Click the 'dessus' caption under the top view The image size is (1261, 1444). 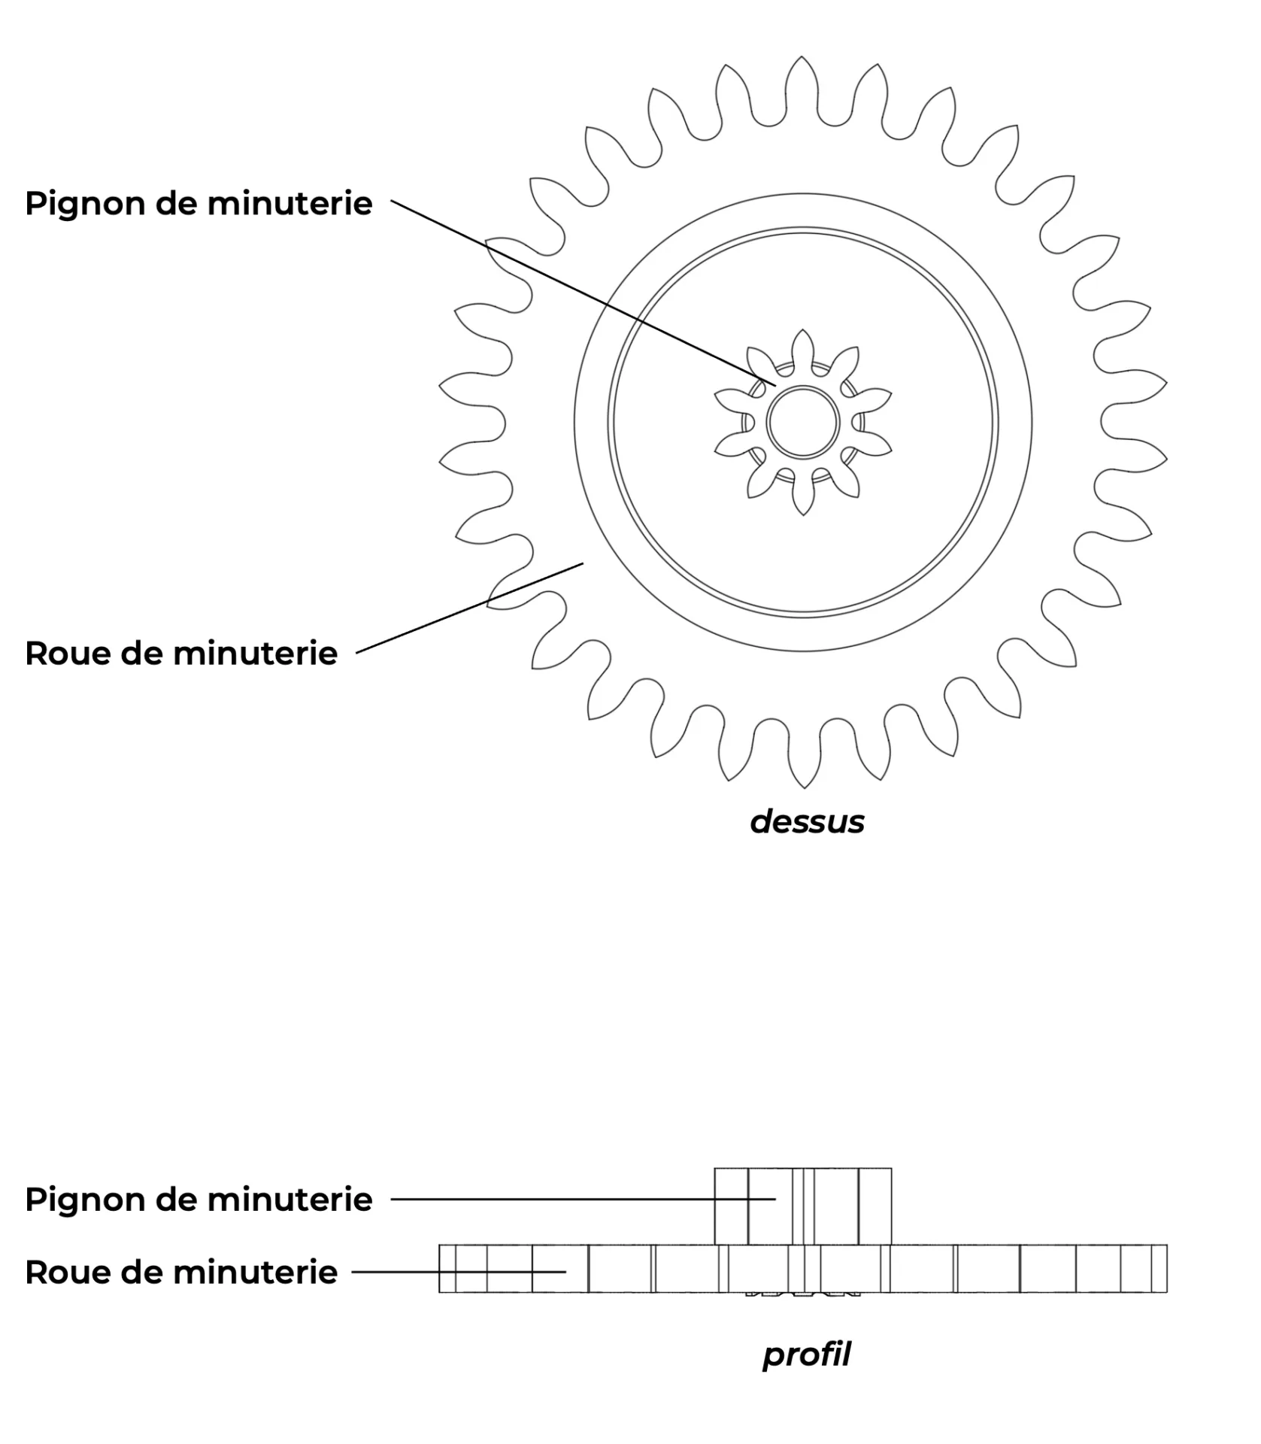[x=807, y=822]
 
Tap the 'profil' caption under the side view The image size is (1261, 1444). [x=806, y=1355]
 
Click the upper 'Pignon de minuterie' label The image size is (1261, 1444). [x=199, y=204]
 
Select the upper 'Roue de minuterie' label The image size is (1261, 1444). [x=181, y=653]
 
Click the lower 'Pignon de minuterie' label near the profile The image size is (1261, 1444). [x=199, y=1199]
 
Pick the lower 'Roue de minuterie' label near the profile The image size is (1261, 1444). [x=181, y=1272]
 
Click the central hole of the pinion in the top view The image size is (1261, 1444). [x=802, y=422]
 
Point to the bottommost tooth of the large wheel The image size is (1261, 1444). [x=803, y=756]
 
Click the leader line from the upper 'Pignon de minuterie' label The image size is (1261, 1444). [x=584, y=293]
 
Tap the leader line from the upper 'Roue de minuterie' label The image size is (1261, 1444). [x=470, y=608]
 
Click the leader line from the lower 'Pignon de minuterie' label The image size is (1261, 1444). [x=583, y=1199]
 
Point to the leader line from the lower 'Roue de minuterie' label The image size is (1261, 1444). [x=459, y=1272]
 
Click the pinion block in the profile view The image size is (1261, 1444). [x=802, y=1206]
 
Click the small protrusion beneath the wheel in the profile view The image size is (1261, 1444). [x=802, y=1294]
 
